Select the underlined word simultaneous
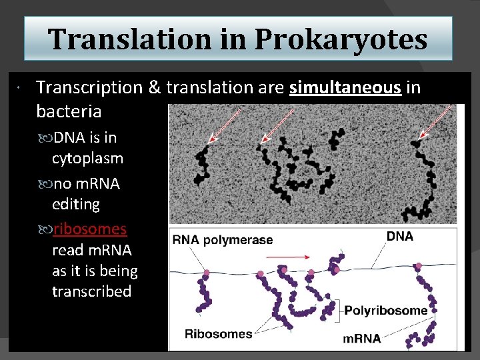345,87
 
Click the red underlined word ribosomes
90,229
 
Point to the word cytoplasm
87,159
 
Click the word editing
75,204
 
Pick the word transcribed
91,292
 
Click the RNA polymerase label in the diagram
223,240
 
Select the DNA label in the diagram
400,236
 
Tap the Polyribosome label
385,310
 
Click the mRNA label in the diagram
362,338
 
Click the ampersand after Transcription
154,87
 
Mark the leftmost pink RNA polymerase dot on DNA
206,273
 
